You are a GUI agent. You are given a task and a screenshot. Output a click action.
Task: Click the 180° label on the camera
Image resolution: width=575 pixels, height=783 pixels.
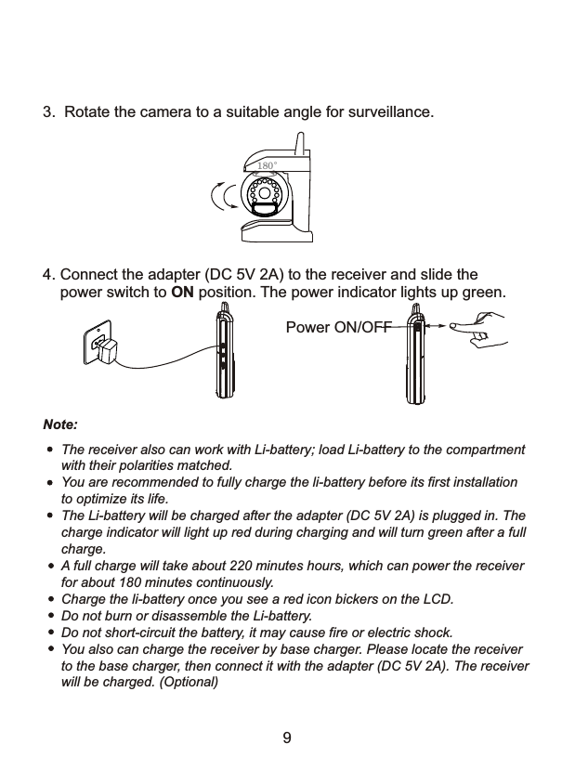pos(267,166)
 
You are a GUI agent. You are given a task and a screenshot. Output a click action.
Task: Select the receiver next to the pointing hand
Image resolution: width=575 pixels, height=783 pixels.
pos(415,356)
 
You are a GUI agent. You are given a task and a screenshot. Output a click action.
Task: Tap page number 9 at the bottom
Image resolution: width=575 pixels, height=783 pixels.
pos(287,738)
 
